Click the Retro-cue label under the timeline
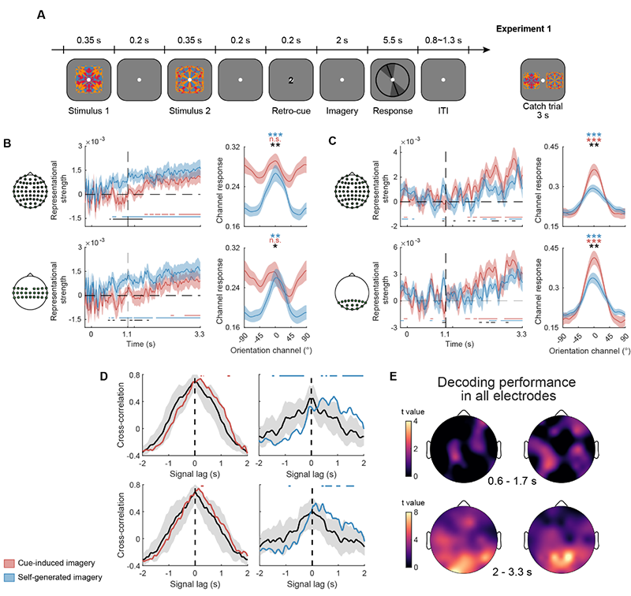(290, 111)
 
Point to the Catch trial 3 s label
(543, 116)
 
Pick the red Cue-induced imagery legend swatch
(15, 562)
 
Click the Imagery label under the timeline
(341, 111)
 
